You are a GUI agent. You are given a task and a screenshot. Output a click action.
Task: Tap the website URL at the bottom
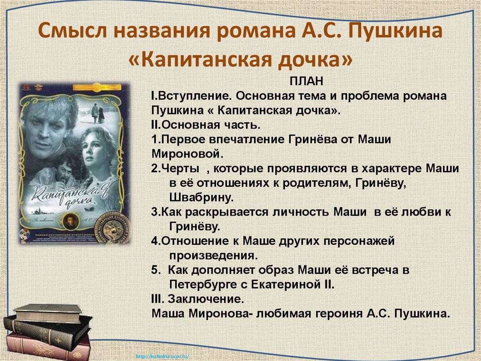point(162,356)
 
